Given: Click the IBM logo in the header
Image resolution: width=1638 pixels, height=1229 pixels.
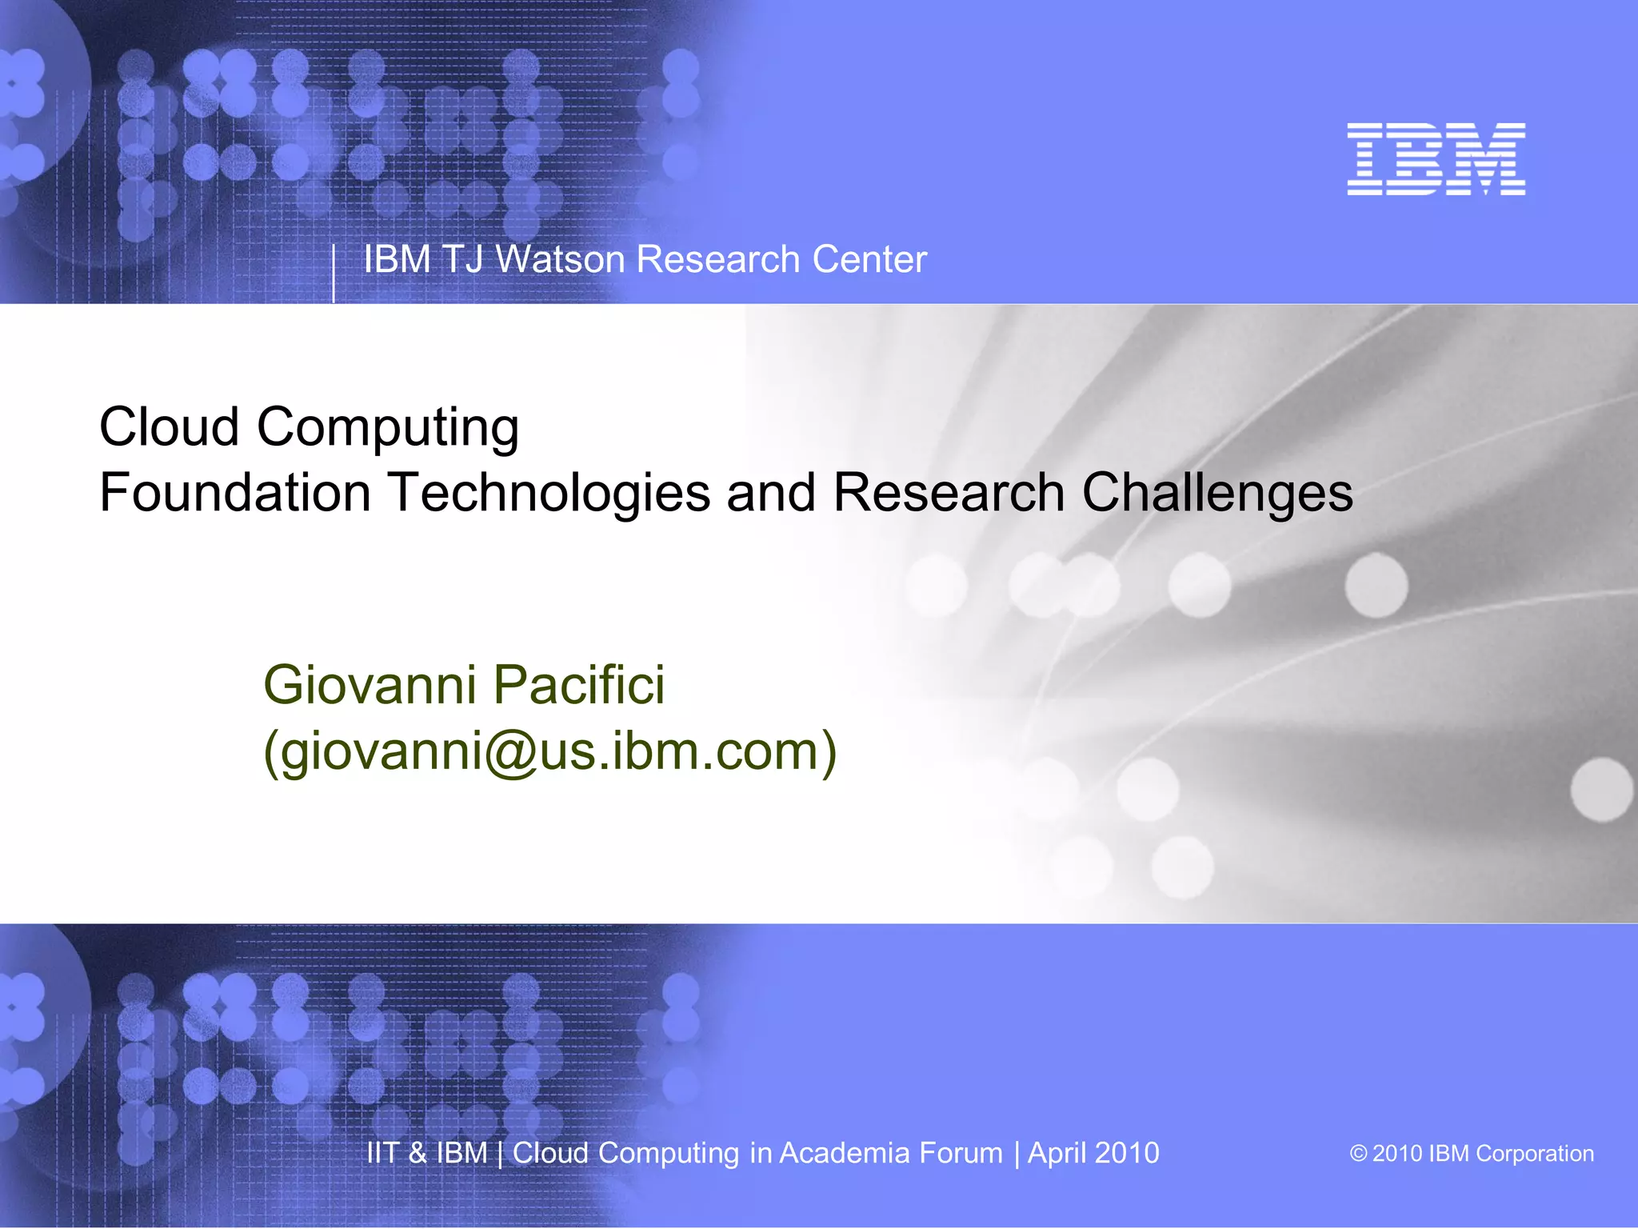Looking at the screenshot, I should (1436, 158).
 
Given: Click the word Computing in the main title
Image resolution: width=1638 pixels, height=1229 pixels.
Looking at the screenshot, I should (388, 429).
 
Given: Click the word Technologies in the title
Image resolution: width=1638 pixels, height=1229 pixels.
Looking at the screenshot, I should (549, 494).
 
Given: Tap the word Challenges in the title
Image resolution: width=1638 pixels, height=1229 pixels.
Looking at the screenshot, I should (1217, 494).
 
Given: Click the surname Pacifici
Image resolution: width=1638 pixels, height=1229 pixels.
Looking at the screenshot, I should (578, 686).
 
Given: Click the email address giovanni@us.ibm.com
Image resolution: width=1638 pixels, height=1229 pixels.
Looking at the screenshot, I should (550, 752).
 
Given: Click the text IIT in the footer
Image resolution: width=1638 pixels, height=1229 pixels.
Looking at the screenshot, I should (382, 1153).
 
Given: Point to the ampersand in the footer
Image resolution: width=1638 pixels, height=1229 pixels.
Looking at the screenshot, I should (417, 1153).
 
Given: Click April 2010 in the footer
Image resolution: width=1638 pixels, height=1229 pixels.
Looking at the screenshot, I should (1093, 1153).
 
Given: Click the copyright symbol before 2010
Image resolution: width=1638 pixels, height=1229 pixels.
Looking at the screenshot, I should (1358, 1154).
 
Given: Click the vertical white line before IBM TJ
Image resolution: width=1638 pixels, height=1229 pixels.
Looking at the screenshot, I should (334, 274).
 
